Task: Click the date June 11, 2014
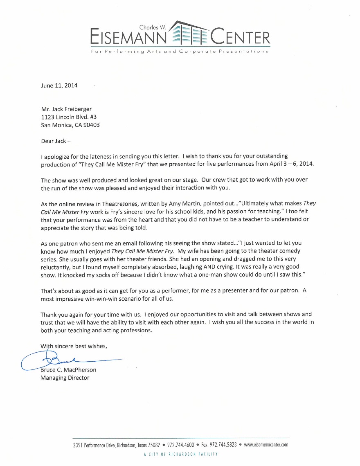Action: (x=59, y=86)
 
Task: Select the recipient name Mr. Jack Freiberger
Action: (x=66, y=109)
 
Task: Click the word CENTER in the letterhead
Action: (x=241, y=38)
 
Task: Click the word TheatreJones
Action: (x=113, y=204)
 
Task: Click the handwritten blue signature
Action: (x=61, y=360)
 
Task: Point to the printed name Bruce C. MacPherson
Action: (x=68, y=370)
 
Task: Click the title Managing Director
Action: (x=65, y=378)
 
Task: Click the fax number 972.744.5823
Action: (x=223, y=445)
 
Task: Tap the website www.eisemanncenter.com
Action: (x=266, y=445)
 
